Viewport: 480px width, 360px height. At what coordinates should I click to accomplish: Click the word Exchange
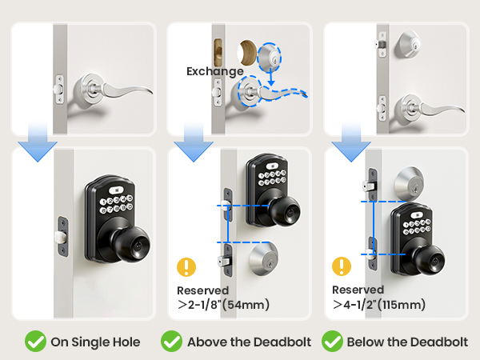[x=214, y=71]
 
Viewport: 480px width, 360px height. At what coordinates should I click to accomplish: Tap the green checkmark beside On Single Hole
[x=34, y=342]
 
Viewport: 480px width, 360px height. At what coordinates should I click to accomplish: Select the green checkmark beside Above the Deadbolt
[x=171, y=342]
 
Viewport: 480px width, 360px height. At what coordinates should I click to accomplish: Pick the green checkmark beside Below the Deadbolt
[x=332, y=342]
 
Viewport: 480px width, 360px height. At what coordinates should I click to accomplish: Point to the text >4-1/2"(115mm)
[x=379, y=304]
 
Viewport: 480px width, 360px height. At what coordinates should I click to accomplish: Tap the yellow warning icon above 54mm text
[x=187, y=267]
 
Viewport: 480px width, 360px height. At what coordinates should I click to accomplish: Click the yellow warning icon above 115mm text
[x=342, y=267]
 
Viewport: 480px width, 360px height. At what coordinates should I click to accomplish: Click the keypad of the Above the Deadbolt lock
[x=268, y=178]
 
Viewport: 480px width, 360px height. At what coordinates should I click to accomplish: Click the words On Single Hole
[x=95, y=342]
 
